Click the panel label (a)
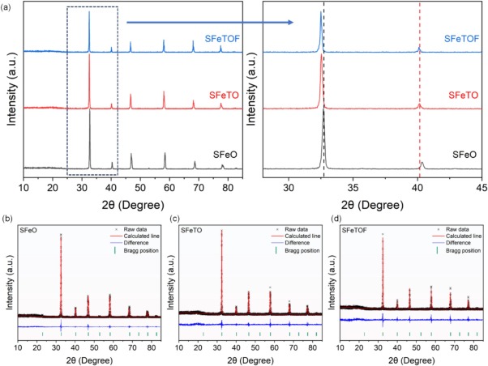tap(7, 6)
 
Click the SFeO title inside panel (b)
tap(31, 231)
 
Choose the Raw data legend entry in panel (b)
tap(135, 232)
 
